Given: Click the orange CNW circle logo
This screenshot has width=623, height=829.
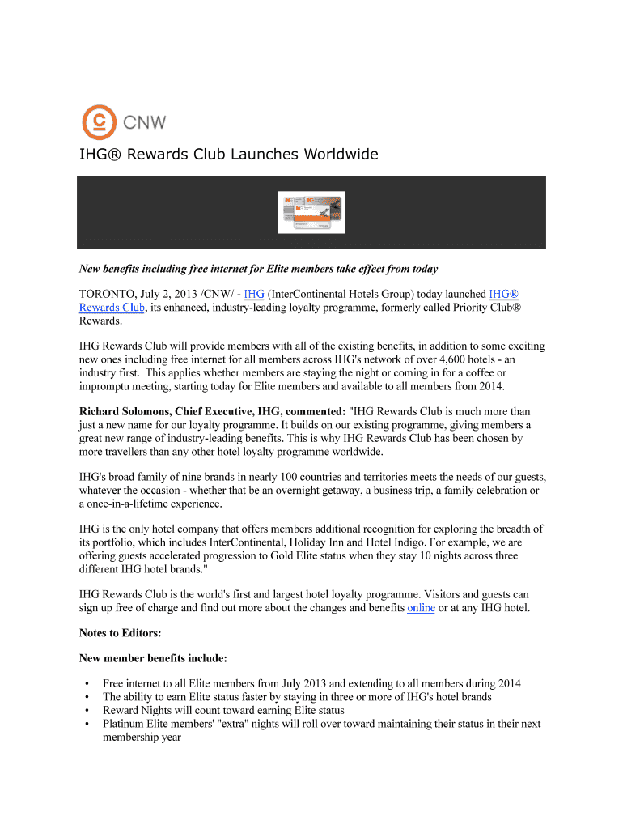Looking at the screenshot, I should coord(100,122).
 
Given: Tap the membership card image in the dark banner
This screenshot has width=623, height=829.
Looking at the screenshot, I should coord(311,212).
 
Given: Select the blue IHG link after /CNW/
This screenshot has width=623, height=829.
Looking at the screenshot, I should coord(254,294).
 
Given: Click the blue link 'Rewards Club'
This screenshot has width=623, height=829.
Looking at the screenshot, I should coord(112,308).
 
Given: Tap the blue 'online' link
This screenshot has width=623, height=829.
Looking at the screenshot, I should coord(421,608).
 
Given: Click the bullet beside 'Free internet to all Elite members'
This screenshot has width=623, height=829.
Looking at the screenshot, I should coord(86,684).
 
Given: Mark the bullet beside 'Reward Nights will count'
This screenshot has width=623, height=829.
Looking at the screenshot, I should coord(86,710).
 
